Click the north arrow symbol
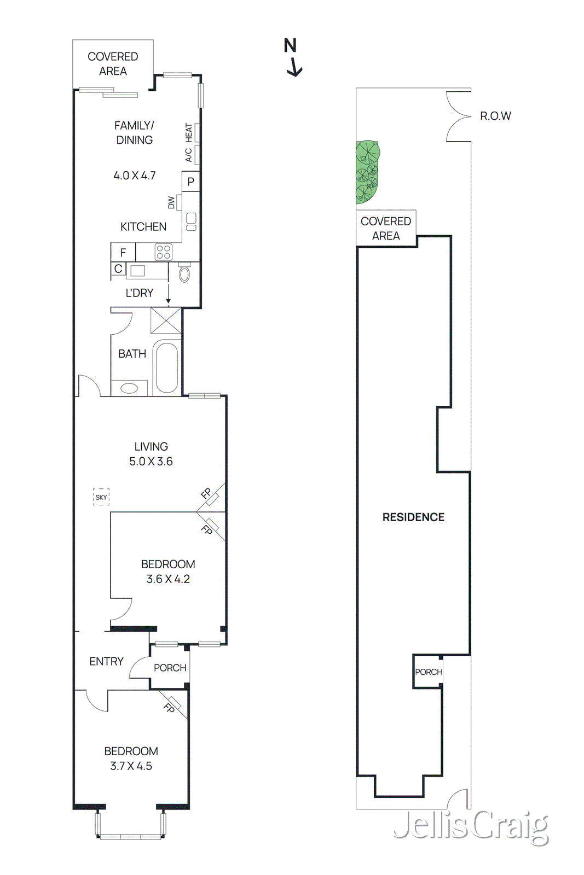coord(293,58)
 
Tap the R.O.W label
coord(495,116)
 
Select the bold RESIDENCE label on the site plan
coord(413,517)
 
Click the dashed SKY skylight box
coord(101,497)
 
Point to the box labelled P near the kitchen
coord(190,182)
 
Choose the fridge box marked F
coord(123,253)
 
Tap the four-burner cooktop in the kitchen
coord(163,252)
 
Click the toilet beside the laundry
coord(184,273)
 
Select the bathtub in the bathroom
coord(166,367)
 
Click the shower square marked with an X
coord(166,320)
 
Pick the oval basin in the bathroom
coord(129,388)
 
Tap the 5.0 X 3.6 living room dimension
coord(151,462)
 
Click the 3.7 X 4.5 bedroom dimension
coord(131,766)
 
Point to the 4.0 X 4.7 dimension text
coord(135,176)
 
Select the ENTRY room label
coord(107,662)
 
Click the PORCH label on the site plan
coord(428,672)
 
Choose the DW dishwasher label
coord(171,203)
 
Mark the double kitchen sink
coord(191,221)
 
